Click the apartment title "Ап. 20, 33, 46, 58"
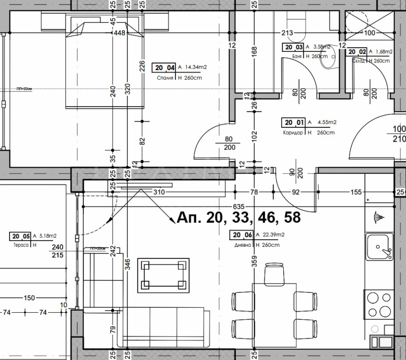pos(239,218)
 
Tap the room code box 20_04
pos(163,67)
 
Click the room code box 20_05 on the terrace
pos(20,236)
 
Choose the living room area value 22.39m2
pos(273,235)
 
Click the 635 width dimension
pos(239,207)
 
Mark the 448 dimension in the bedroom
pos(120,34)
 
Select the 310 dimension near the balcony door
pos(159,192)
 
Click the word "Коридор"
pos(294,133)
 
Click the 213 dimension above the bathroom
pos(288,34)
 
